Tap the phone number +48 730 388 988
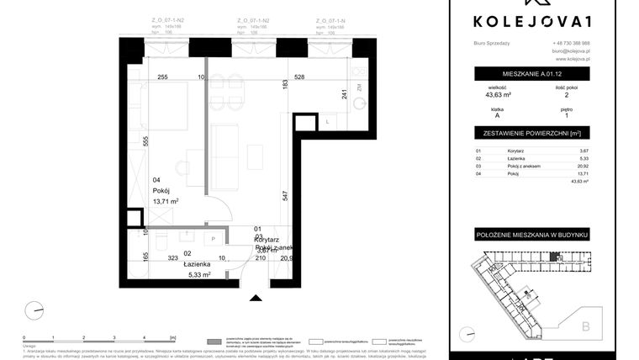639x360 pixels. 571,43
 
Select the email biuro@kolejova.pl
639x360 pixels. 571,51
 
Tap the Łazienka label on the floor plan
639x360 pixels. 196,264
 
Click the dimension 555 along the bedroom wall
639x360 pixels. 145,141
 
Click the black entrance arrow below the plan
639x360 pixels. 254,296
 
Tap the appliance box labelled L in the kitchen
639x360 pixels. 328,123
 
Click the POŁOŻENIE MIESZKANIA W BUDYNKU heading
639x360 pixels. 531,231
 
